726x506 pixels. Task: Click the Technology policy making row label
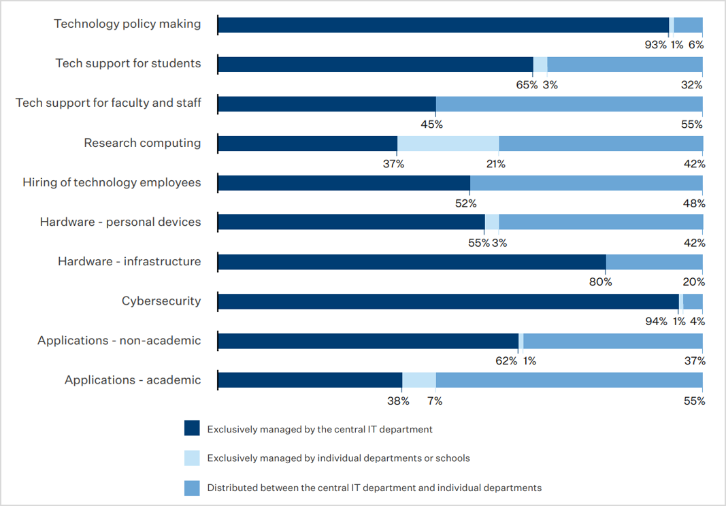pos(127,24)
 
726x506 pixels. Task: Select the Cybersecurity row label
pos(161,301)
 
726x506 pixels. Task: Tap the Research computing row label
pos(142,143)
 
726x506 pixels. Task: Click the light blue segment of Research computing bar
pos(448,144)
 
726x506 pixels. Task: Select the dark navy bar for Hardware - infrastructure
pos(412,262)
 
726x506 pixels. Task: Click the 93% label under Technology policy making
pos(656,45)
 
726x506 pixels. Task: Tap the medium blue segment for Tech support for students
pos(625,65)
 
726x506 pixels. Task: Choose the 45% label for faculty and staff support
pos(432,124)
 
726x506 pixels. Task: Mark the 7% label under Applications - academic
pos(435,401)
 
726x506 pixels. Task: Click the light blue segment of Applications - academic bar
pos(419,380)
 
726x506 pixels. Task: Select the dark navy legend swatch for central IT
pos(192,428)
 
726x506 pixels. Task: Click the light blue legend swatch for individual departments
pos(192,458)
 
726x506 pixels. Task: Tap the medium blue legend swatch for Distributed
pos(192,488)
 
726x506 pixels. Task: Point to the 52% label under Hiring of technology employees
pos(466,203)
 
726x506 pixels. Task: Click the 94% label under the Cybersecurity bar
pos(656,322)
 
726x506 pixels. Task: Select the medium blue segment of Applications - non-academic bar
pos(612,341)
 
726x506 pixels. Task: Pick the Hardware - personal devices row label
pos(120,222)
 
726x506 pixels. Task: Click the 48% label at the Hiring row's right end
pos(695,203)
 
